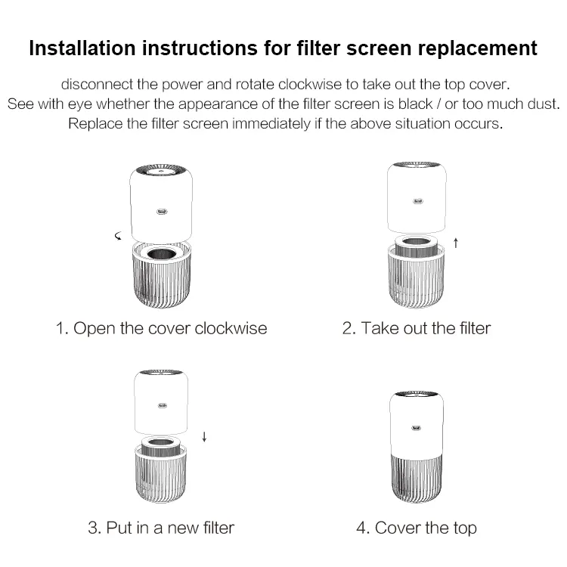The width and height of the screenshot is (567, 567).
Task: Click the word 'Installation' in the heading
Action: click(x=82, y=48)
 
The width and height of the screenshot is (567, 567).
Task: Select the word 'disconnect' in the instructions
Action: click(x=97, y=84)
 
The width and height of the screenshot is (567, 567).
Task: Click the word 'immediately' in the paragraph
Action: click(x=271, y=124)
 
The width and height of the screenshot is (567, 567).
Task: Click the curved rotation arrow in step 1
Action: click(x=118, y=236)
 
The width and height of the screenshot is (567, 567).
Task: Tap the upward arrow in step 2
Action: click(x=456, y=243)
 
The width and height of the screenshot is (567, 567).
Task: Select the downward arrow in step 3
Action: click(x=204, y=437)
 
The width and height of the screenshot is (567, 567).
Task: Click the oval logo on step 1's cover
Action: click(x=162, y=212)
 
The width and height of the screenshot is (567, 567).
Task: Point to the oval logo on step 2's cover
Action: click(x=417, y=201)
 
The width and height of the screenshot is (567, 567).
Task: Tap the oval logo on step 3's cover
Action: click(x=163, y=406)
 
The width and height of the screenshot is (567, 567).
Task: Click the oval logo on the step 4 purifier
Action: click(x=417, y=428)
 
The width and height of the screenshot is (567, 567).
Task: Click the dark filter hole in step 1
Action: click(x=161, y=253)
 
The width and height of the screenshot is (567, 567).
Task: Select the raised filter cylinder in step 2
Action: click(x=417, y=246)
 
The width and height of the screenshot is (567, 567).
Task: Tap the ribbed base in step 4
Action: click(x=417, y=478)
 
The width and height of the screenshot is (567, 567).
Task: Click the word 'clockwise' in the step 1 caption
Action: click(x=231, y=328)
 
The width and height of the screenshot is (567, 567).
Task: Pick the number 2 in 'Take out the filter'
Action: click(x=347, y=329)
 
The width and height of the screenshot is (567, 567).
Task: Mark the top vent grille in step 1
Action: click(x=161, y=170)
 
